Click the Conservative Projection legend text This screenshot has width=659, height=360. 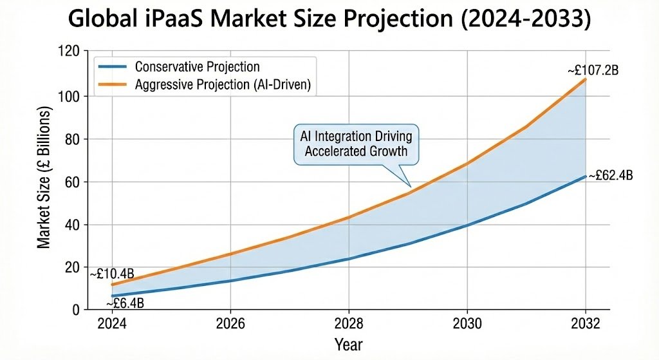coord(197,67)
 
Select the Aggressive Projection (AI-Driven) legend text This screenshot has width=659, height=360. coord(223,85)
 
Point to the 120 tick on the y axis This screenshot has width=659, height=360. coord(67,53)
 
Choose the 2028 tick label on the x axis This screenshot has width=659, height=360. coord(348,323)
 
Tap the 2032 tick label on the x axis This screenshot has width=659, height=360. coord(585,323)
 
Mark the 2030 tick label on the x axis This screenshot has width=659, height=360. coord(467,323)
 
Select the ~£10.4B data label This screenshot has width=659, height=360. coord(112,274)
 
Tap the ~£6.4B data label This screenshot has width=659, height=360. coord(129,302)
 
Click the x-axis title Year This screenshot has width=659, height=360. coord(348,344)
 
